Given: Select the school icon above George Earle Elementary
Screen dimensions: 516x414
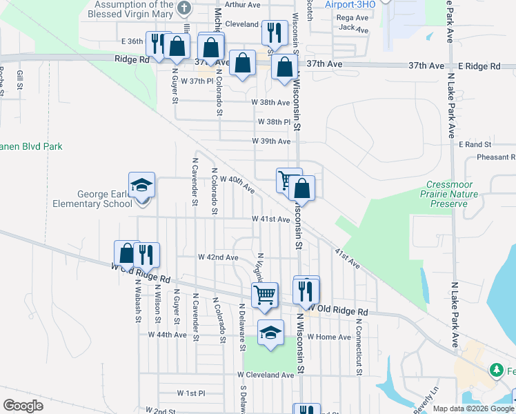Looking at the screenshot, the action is [142, 186].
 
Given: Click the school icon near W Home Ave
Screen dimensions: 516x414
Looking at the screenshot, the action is [271, 333].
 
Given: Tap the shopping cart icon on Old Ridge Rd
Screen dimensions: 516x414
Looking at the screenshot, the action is [265, 295].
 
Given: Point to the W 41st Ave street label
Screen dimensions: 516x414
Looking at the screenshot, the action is [270, 219].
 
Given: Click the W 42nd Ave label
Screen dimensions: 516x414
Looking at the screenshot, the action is [218, 257].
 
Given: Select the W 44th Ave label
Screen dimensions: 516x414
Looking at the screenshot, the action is [168, 335].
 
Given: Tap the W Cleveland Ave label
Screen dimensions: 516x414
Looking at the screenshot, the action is [266, 375].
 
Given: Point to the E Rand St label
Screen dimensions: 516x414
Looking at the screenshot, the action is [475, 145].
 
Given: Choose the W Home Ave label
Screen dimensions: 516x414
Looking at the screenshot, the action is [329, 337].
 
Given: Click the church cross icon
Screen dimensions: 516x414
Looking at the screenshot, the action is [183, 8].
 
